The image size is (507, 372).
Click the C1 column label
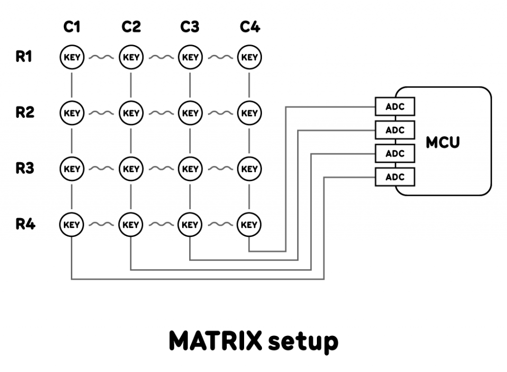pos(72,27)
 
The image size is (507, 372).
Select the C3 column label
pos(190,27)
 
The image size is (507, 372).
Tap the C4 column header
pos(250,27)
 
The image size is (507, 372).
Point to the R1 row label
pos(24,57)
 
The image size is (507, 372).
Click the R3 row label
pos(24,168)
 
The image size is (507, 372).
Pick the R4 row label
pos(24,224)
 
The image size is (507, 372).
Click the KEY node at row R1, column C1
pos(72,57)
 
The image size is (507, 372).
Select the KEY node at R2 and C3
pos(190,113)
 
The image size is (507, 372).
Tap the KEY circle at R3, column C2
pos(131,169)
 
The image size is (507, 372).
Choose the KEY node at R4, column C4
pos(250,225)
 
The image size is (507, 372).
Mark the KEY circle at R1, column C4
pos(250,57)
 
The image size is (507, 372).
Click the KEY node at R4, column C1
pos(72,225)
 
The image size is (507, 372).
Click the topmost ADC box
pos(395,106)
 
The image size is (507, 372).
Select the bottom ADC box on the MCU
pos(395,177)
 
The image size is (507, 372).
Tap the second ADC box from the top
pos(395,130)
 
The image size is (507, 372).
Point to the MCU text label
pos(443,142)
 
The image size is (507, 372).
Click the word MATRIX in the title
pos(215,341)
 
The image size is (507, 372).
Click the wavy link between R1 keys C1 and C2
pos(101,57)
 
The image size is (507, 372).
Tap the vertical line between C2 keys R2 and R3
pos(131,141)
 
